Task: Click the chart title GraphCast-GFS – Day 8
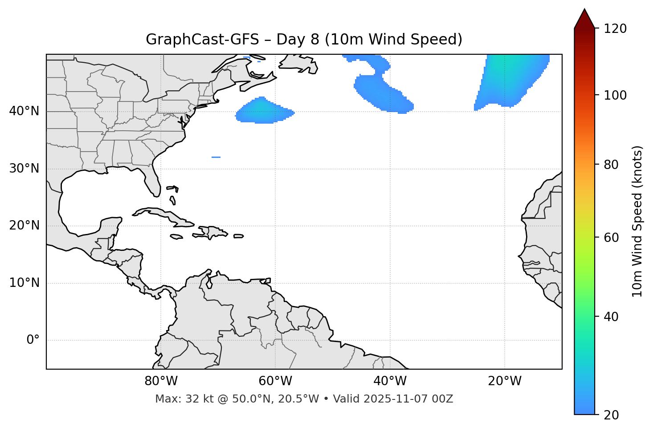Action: (304, 40)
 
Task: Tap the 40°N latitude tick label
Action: (24, 111)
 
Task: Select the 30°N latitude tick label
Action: (24, 169)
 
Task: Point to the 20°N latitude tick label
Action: (24, 226)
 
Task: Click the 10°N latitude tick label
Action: (24, 283)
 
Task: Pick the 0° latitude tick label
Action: (33, 340)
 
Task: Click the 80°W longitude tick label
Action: (161, 381)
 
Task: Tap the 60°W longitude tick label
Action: (275, 381)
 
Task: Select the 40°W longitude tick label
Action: (390, 381)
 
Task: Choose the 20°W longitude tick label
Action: (504, 381)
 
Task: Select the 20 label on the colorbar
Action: (611, 415)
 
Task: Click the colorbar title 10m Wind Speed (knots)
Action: (637, 221)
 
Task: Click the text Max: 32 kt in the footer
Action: (174, 399)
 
